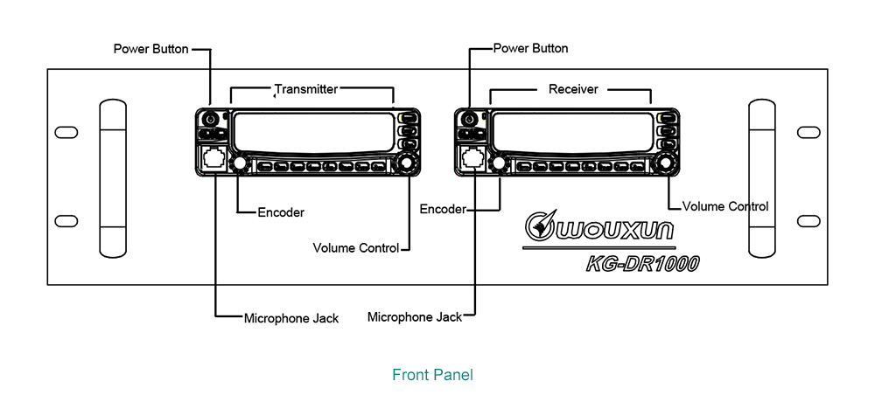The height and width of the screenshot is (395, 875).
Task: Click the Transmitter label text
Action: (306, 88)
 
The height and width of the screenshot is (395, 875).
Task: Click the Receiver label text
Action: (573, 88)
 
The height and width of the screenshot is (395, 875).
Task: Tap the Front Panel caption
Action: (432, 375)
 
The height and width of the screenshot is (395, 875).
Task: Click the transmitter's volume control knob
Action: (406, 163)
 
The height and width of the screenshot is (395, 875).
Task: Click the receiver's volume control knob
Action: (666, 163)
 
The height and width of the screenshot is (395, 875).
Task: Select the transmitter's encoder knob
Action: (238, 164)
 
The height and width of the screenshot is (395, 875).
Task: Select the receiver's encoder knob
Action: (499, 164)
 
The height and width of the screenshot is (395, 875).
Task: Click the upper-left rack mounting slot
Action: (66, 132)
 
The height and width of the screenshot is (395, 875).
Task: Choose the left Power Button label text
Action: (150, 49)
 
